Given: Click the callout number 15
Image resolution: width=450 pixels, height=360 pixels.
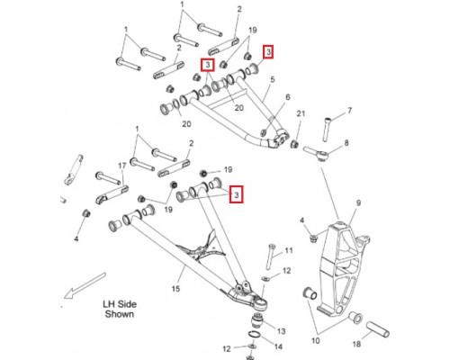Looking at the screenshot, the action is point(175,289).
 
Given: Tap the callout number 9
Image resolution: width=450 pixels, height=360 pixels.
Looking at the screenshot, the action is point(358,203).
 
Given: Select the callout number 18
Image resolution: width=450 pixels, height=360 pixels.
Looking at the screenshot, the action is point(356,344).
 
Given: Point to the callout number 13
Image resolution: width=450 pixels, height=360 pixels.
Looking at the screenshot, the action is point(281,331).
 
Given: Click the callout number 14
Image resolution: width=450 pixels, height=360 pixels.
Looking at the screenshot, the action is point(278,346).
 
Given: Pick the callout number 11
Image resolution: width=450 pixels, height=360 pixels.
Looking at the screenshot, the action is point(289,250).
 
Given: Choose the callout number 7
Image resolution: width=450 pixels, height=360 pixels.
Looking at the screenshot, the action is point(350,111).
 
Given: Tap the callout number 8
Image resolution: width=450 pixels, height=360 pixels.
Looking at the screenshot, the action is point(346,143).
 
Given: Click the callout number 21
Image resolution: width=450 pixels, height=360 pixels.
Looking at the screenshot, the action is point(301,113).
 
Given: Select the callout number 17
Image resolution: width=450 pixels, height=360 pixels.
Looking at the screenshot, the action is point(122,166).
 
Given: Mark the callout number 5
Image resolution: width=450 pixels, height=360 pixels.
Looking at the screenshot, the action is point(273,80).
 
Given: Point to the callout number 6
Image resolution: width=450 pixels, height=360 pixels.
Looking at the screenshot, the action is point(288,97).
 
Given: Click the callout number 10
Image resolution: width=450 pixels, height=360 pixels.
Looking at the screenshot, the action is point(316,341).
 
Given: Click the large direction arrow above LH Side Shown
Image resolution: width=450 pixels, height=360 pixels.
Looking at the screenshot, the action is point(85,285).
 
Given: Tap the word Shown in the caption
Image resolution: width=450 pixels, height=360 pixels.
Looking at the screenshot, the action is point(119,314).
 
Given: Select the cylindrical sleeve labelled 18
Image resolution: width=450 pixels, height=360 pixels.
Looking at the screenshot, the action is point(377,329).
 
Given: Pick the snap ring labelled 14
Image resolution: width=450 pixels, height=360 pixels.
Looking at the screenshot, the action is point(254,335).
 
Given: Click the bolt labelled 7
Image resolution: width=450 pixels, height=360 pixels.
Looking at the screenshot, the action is point(328,130).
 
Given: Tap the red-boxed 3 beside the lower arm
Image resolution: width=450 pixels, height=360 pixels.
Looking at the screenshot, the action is point(237,194).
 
